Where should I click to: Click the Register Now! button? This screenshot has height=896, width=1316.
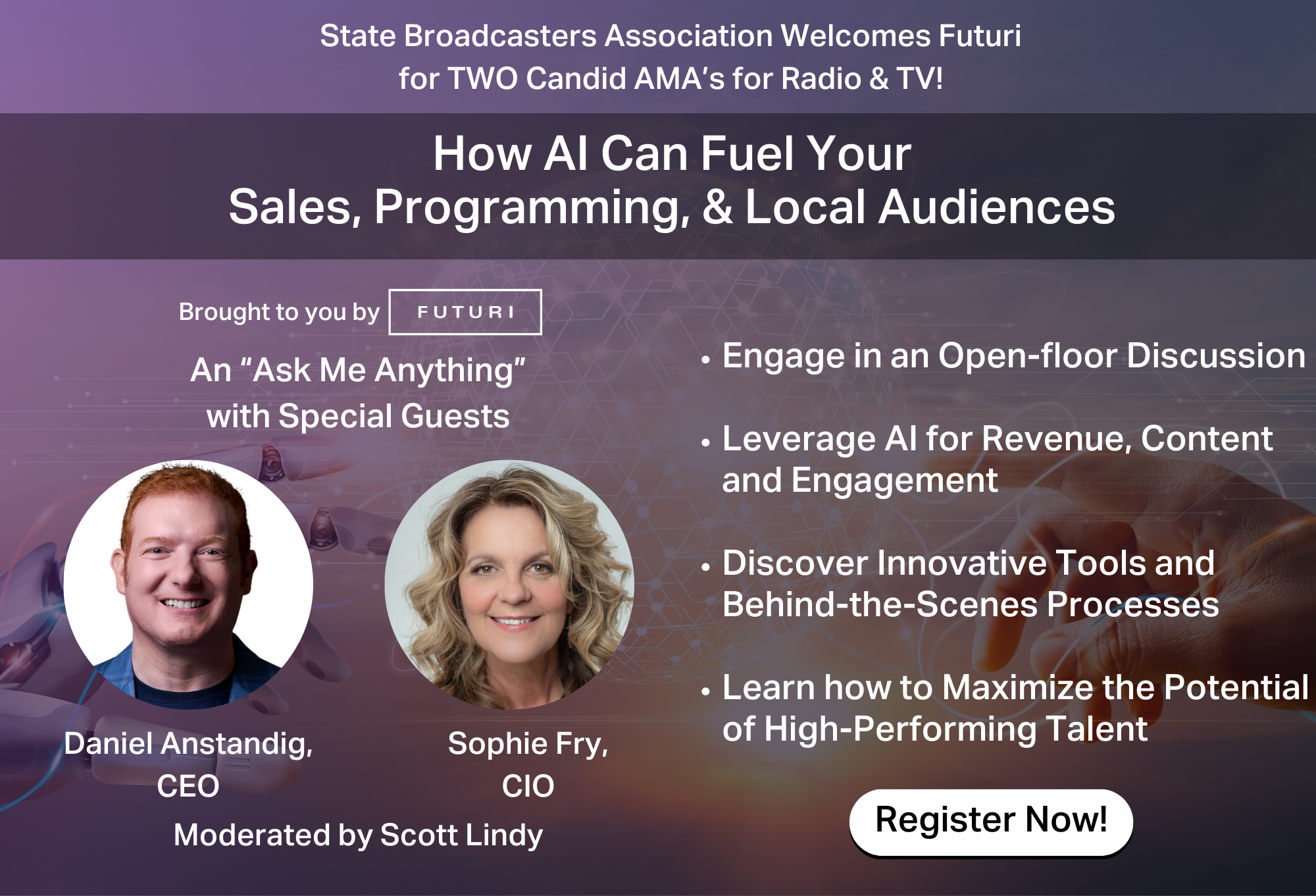[991, 822]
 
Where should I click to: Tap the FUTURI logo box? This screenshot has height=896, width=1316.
[465, 312]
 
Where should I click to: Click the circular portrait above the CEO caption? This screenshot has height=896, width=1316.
[188, 585]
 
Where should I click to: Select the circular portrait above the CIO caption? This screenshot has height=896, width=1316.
[509, 585]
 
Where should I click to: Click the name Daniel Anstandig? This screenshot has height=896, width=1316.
[188, 745]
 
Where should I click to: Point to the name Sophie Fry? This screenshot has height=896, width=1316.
[528, 745]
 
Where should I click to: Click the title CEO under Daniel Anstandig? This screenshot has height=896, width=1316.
[188, 786]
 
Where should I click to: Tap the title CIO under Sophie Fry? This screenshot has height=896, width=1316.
[528, 786]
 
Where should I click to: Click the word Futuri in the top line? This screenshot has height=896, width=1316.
[980, 36]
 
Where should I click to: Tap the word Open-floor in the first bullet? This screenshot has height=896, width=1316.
[1027, 356]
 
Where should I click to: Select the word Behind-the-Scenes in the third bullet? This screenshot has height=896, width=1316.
[880, 604]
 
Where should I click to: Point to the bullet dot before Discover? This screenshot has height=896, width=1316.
[706, 566]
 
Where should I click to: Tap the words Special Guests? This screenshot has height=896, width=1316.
[394, 417]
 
